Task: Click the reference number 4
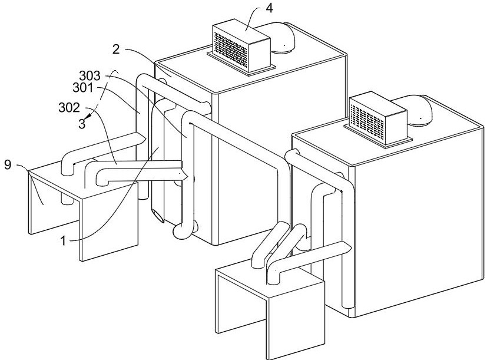[269, 8]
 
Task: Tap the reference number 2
[116, 49]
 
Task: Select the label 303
[90, 76]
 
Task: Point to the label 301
[83, 88]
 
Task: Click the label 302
[69, 108]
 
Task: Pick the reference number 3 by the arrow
[82, 124]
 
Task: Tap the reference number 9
[8, 164]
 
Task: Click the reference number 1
[63, 240]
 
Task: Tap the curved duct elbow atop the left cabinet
[282, 37]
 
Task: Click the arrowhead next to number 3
[88, 117]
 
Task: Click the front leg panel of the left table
[110, 221]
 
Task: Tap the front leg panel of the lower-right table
[296, 320]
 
